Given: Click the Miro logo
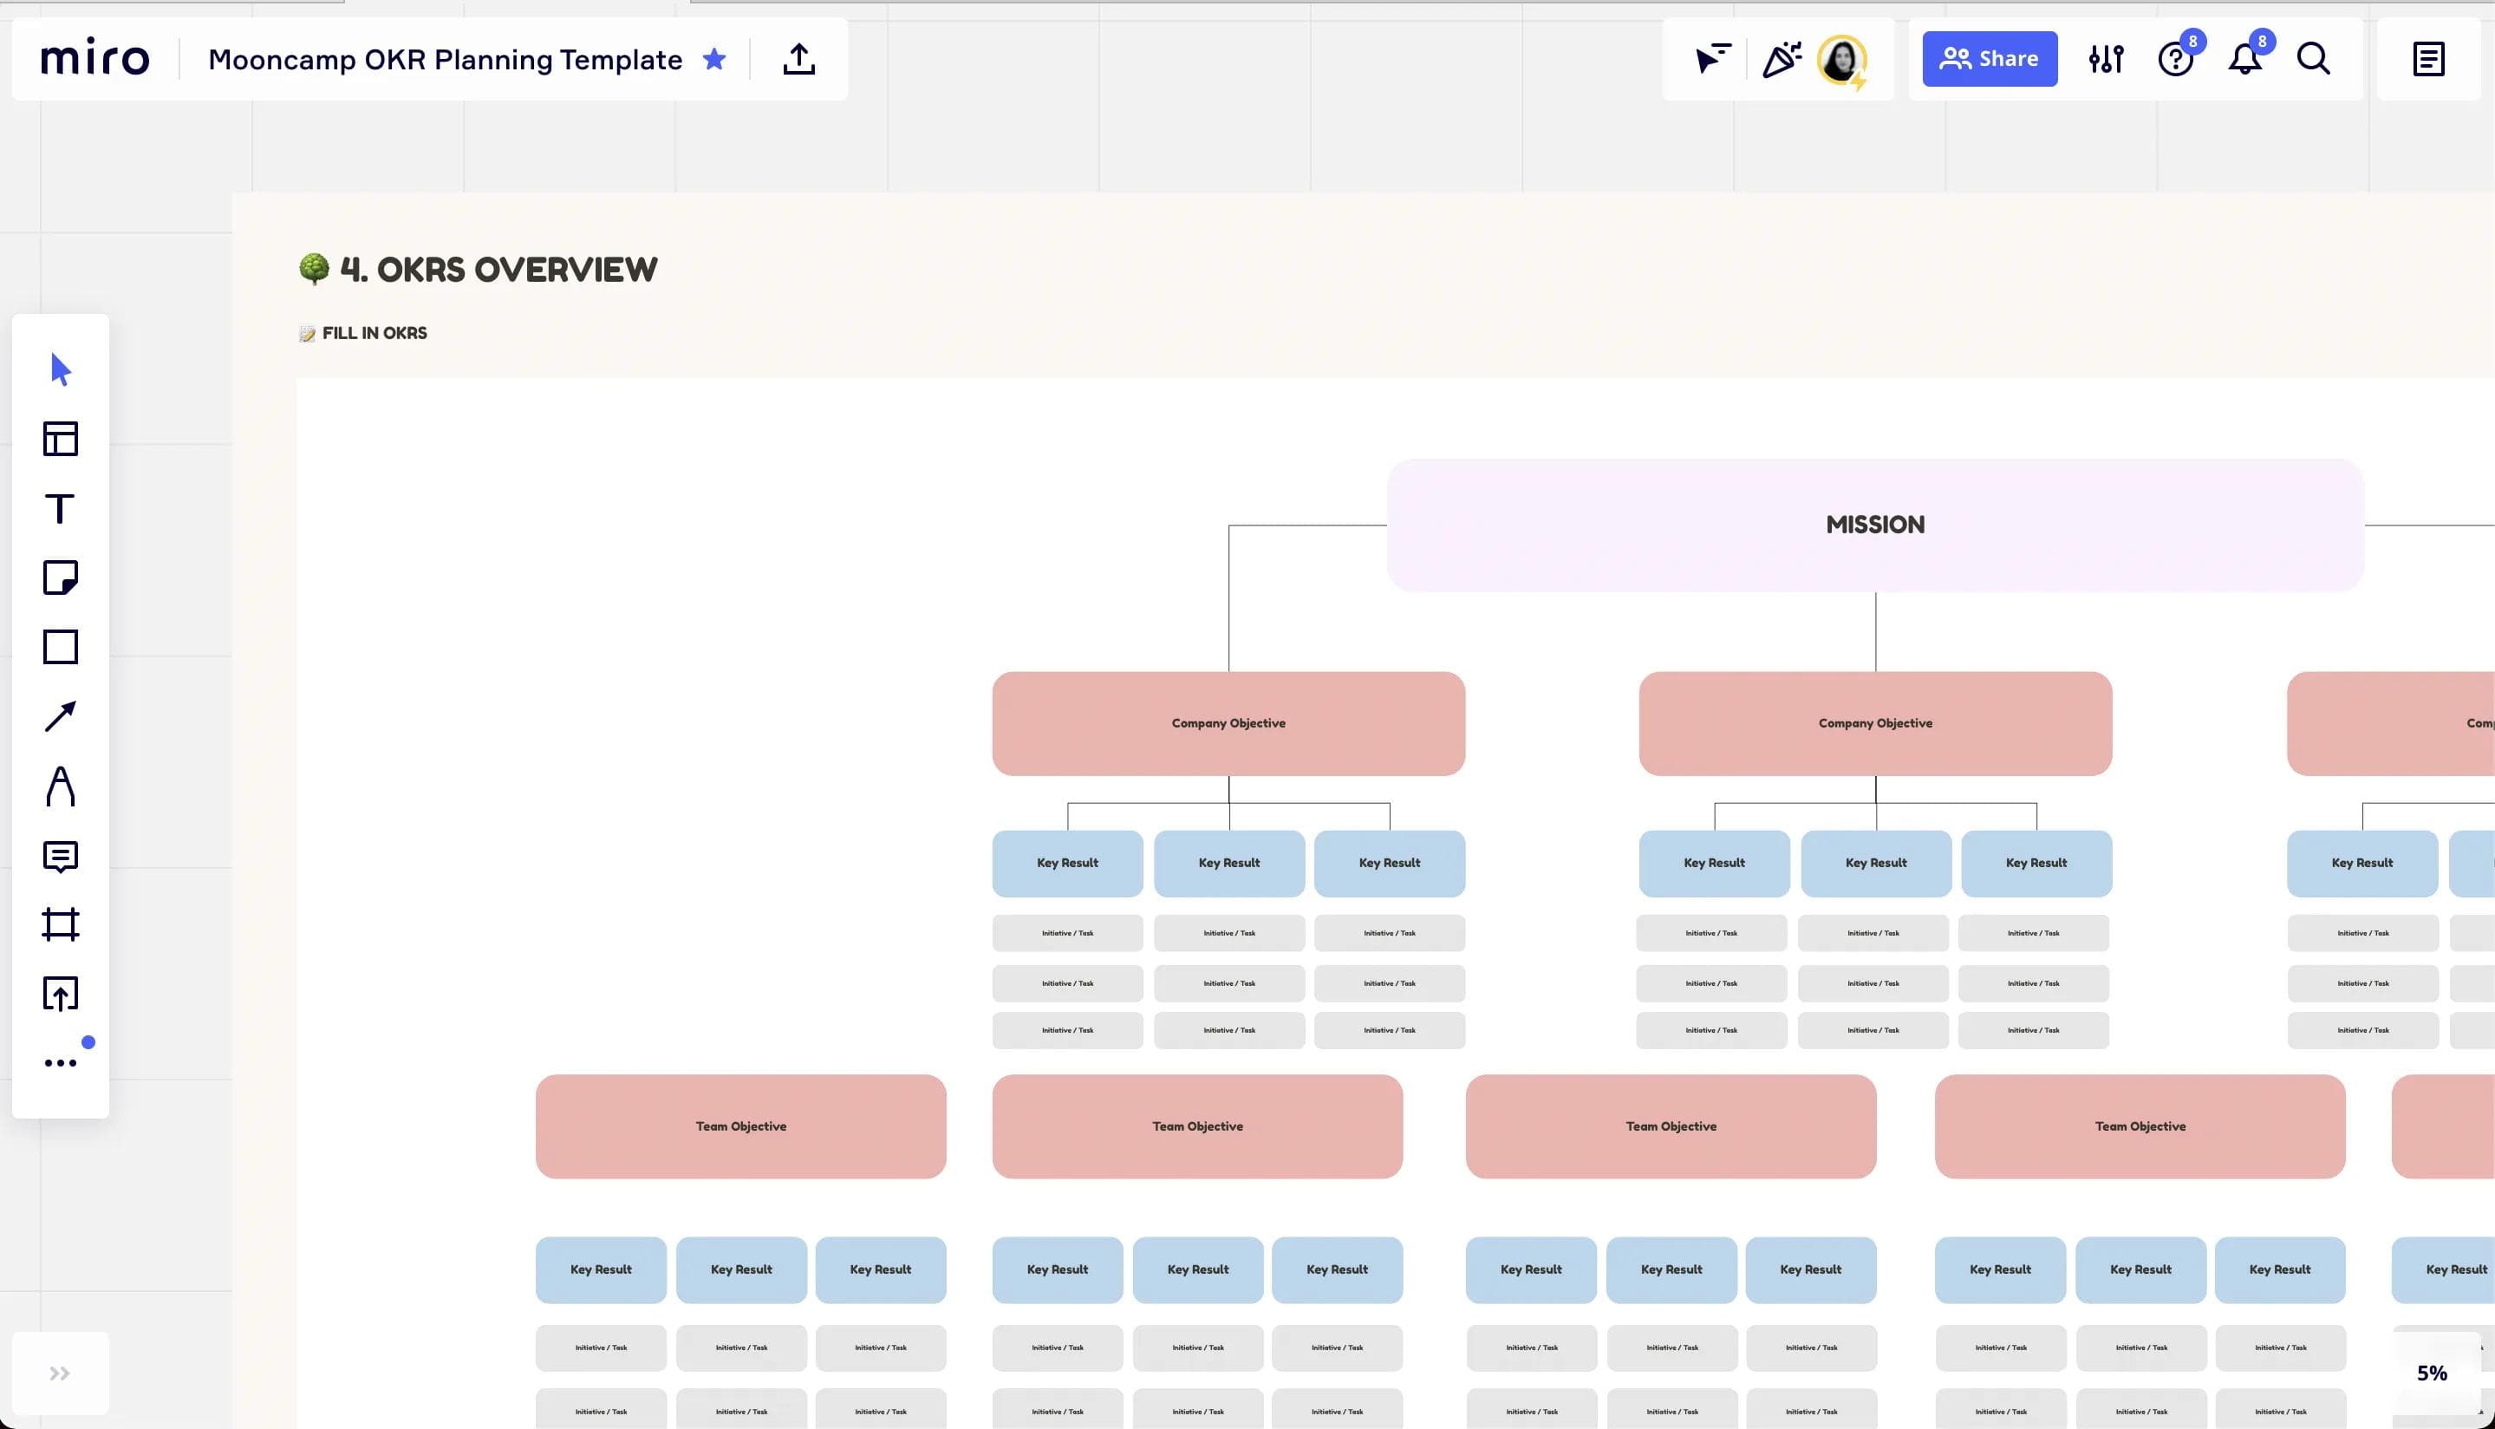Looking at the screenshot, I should (95, 59).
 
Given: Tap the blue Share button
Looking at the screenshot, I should (1989, 59).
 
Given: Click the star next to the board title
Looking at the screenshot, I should (714, 59).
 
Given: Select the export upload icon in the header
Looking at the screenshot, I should (798, 59).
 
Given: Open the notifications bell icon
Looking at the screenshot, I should (2244, 60).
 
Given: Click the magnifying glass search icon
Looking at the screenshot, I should (2312, 59).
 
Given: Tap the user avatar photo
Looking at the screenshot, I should (1840, 59).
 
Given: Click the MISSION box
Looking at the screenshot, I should (1875, 525).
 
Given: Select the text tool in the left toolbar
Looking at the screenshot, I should (60, 508).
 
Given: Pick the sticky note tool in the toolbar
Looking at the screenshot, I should (60, 578).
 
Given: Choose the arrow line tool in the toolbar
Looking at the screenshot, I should (60, 716).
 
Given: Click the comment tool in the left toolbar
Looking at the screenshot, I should (60, 856).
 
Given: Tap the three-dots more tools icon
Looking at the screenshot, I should (60, 1063).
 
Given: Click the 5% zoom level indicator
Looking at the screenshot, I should (2431, 1373).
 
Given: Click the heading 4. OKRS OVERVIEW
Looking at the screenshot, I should (498, 270).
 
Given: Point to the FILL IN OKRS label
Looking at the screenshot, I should (374, 334).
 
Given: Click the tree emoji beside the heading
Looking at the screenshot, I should (314, 268).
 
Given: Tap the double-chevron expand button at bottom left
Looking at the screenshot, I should (60, 1373).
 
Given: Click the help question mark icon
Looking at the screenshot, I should (2175, 60).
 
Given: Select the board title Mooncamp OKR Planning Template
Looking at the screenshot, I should (445, 60).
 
